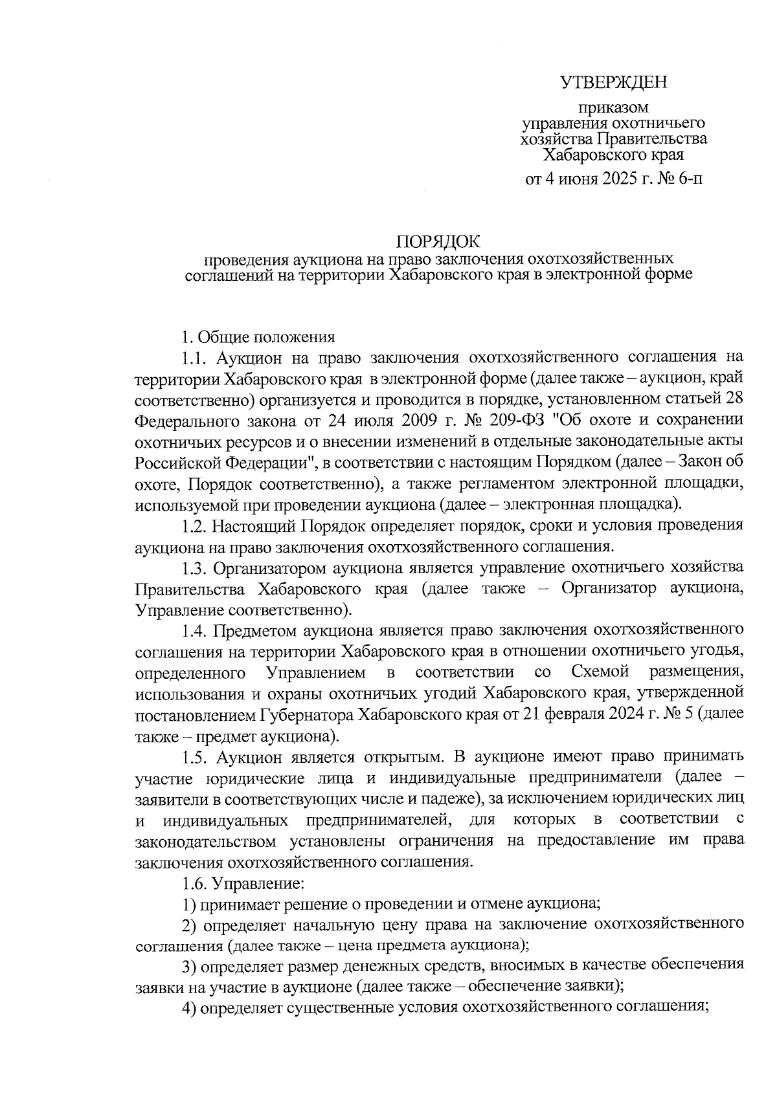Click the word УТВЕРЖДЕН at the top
coord(613,83)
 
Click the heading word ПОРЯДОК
coord(438,242)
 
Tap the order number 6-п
coord(688,177)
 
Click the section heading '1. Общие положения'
coord(258,337)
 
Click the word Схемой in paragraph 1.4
coord(600,672)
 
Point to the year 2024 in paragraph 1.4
coord(626,715)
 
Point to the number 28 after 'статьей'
coord(734,399)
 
